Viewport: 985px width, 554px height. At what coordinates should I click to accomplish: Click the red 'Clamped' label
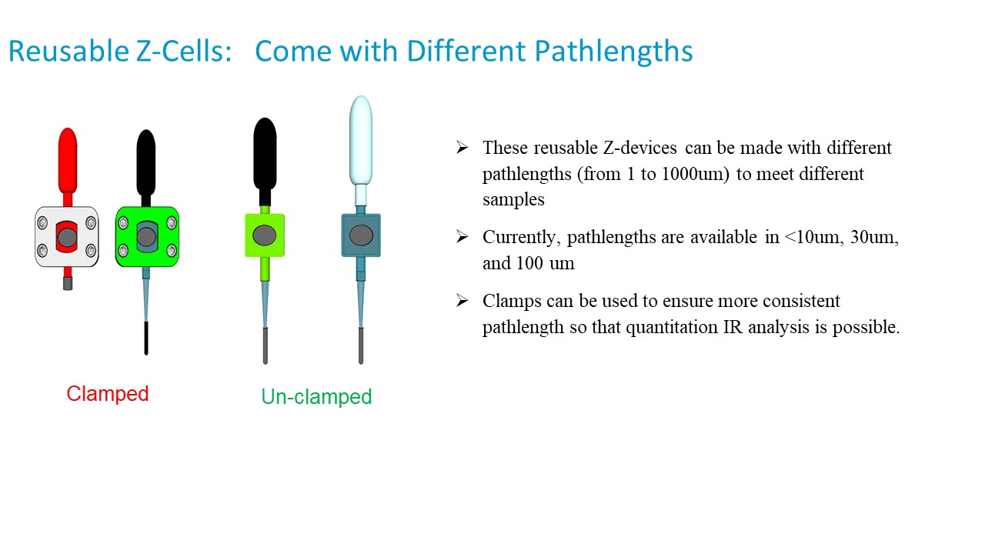tap(107, 394)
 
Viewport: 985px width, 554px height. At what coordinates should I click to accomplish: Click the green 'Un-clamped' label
tap(316, 396)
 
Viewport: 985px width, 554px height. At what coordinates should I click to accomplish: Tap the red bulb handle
tap(68, 161)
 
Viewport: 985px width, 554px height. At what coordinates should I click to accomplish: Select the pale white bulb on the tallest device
tap(361, 140)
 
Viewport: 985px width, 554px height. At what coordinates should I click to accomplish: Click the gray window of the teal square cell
tap(361, 235)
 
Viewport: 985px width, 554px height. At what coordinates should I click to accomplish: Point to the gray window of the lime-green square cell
tap(264, 235)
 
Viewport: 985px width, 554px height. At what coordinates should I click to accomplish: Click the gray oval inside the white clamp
tap(67, 238)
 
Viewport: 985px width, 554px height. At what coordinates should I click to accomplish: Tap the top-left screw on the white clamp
tap(42, 223)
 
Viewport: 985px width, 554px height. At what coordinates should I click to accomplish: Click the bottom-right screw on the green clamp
tap(172, 251)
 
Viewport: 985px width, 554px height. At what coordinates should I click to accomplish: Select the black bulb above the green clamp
tap(146, 162)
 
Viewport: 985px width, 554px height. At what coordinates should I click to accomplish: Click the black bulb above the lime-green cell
tap(265, 154)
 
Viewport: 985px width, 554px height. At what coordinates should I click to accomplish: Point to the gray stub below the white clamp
tap(67, 283)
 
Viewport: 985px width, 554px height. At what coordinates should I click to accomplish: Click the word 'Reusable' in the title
tap(68, 51)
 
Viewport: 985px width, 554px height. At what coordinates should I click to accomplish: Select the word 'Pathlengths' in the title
tap(613, 52)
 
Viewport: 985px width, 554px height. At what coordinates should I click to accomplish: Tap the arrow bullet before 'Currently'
tap(462, 236)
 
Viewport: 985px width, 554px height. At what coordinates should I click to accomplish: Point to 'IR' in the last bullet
tap(733, 327)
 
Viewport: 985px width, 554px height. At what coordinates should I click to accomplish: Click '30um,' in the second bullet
tap(874, 238)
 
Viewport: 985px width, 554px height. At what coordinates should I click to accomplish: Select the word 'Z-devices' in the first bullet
tap(639, 147)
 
